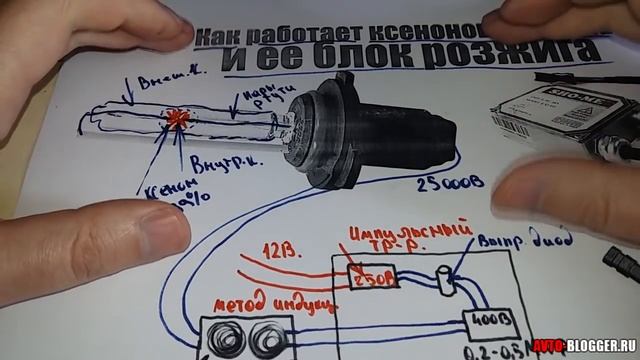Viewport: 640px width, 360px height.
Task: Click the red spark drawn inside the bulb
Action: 177,118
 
